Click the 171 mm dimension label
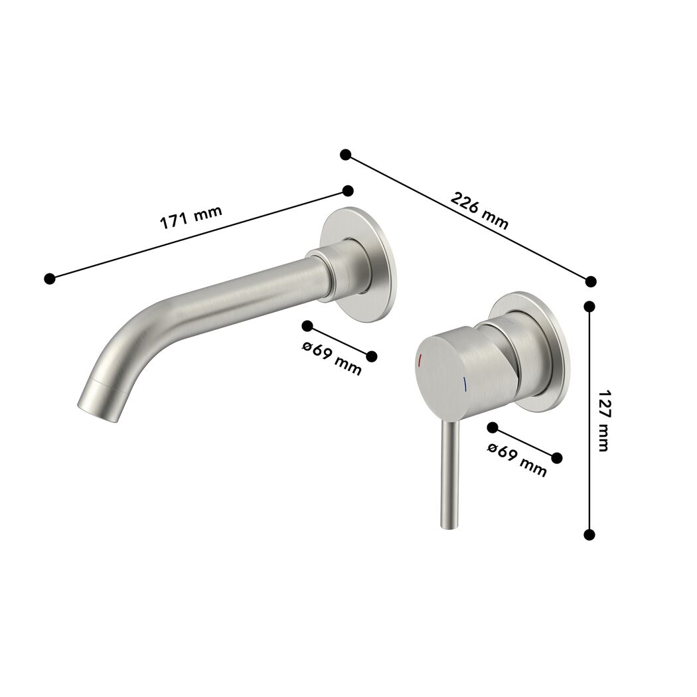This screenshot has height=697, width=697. click(191, 217)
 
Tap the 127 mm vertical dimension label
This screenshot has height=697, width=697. click(603, 420)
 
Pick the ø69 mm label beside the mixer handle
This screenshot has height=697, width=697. click(517, 460)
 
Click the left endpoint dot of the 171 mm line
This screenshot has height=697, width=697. click(50, 279)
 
